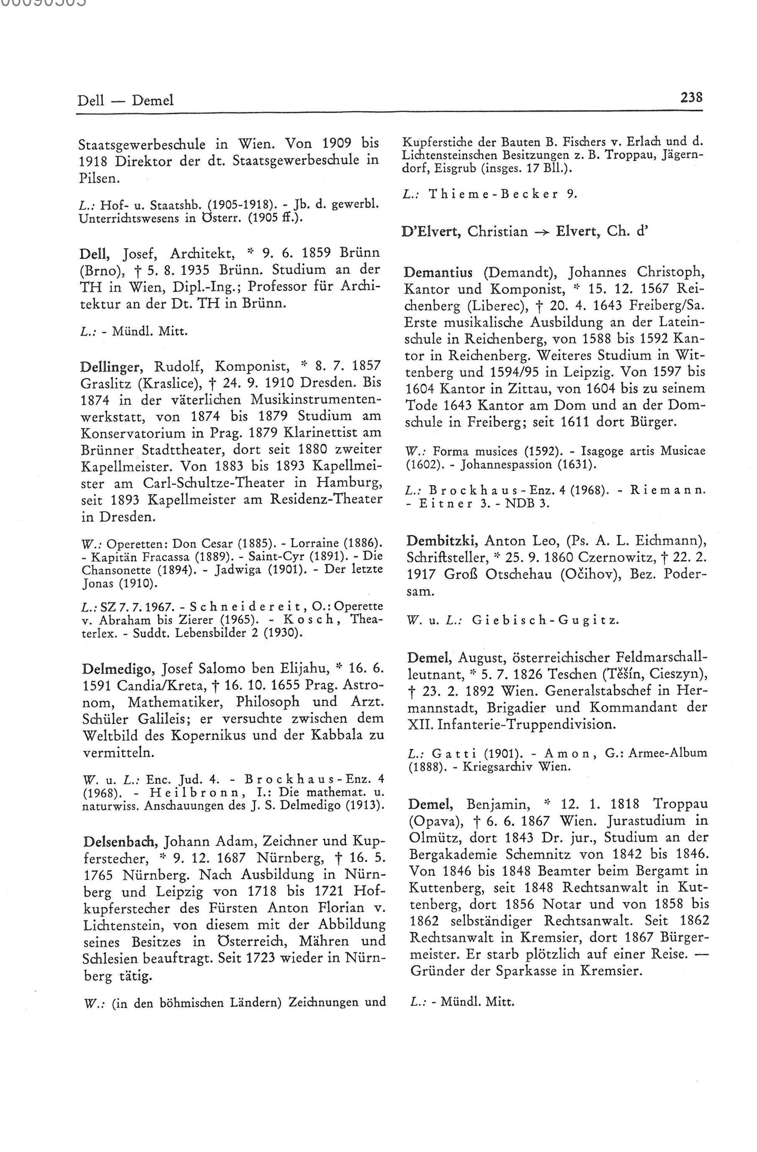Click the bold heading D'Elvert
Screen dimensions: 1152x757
click(x=432, y=231)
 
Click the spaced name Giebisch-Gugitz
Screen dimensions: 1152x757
click(x=544, y=620)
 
